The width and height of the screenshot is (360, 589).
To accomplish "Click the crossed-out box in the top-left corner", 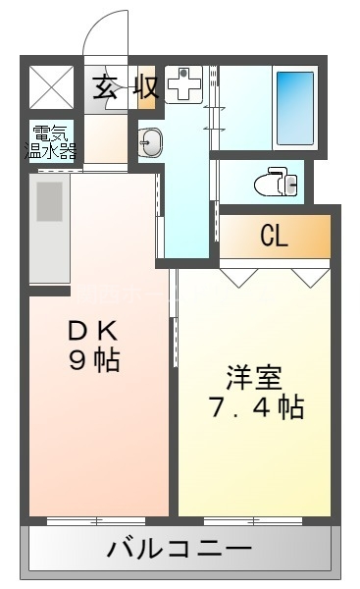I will (x=50, y=86).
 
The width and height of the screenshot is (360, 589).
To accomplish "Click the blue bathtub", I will (x=294, y=105).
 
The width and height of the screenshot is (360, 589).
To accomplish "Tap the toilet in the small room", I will (x=274, y=182).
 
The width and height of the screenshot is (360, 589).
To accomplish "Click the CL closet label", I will (x=274, y=237).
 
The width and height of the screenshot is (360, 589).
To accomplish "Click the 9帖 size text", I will (x=93, y=360).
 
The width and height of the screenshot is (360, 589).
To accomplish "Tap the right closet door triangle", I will (x=311, y=277).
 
